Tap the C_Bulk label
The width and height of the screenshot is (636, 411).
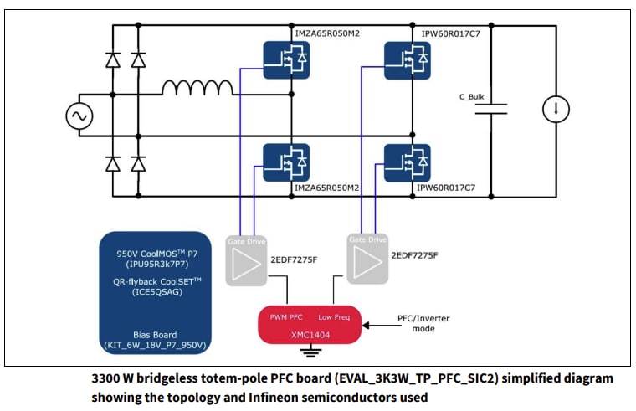[x=471, y=96]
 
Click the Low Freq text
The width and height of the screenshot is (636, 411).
[x=335, y=316]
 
